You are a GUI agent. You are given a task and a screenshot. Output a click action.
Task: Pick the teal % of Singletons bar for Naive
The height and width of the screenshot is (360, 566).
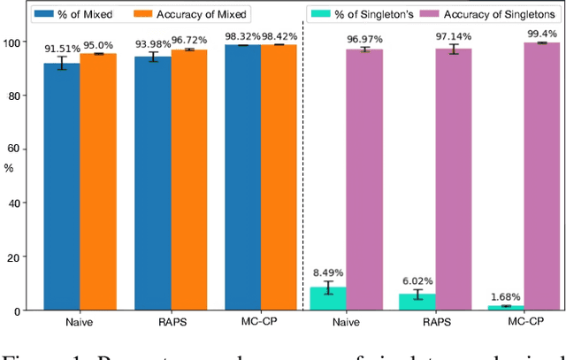[327, 299]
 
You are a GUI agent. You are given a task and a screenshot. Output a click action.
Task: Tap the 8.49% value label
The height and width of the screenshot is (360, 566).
[327, 273]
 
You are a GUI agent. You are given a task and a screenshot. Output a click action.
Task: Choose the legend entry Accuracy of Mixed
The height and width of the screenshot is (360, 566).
[204, 13]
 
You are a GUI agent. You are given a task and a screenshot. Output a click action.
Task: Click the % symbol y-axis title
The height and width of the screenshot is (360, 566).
[9, 166]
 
